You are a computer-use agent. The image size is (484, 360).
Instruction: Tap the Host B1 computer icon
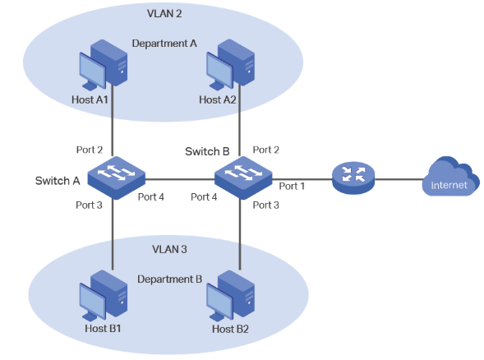tap(102, 297)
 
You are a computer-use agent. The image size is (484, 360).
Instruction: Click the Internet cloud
tap(449, 178)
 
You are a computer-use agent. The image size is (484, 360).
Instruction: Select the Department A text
tap(164, 43)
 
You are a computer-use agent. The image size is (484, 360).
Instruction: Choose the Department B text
tap(169, 279)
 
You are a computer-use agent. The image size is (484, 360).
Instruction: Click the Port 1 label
tap(292, 187)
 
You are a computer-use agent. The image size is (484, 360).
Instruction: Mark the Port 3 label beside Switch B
tap(265, 204)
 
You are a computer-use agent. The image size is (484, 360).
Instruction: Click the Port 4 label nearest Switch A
tap(150, 196)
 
